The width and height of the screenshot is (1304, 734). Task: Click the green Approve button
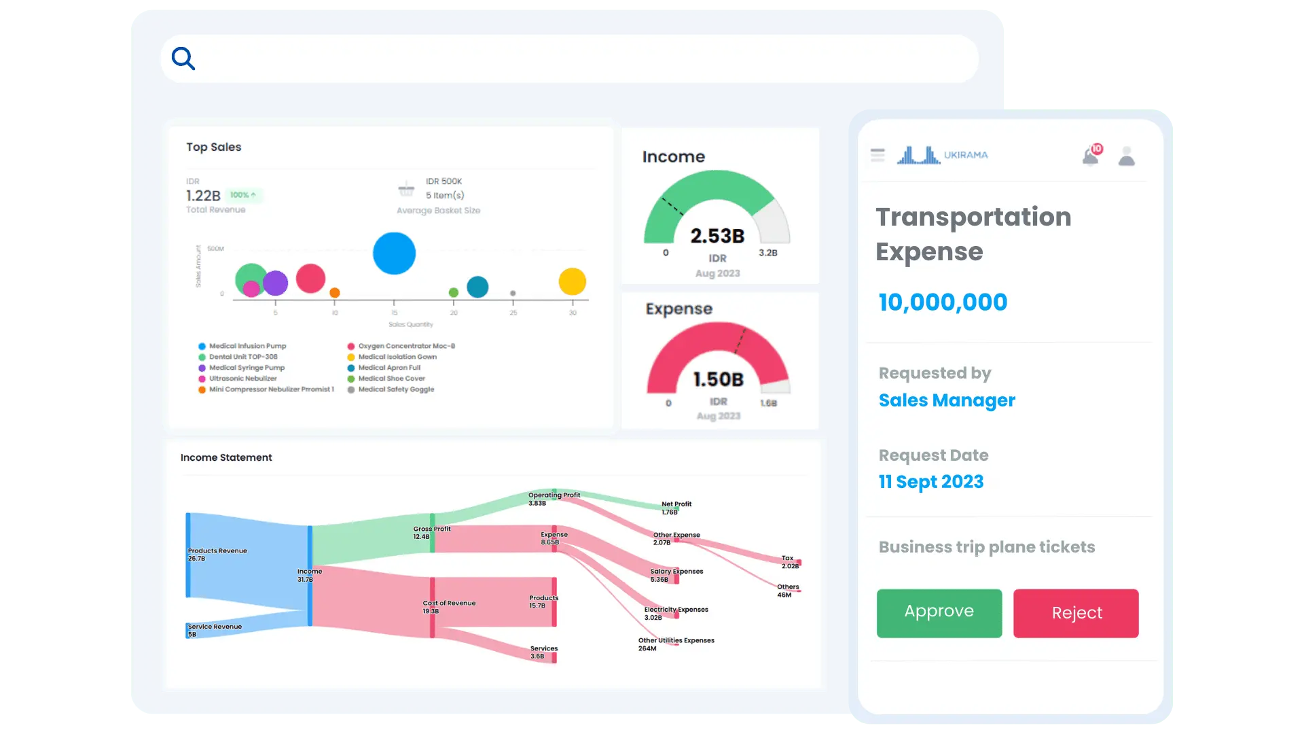click(939, 612)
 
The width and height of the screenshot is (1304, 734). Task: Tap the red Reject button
click(1076, 613)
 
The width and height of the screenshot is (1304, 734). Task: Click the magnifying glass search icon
click(183, 58)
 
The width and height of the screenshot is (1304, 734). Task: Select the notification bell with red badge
click(1091, 156)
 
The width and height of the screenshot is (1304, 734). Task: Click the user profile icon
click(1127, 156)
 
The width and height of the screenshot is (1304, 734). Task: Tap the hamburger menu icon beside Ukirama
click(877, 155)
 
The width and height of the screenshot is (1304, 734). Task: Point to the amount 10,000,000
click(943, 302)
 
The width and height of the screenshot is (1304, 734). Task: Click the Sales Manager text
click(947, 400)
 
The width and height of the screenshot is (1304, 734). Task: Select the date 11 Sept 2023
click(931, 482)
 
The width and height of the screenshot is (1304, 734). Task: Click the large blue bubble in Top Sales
click(394, 254)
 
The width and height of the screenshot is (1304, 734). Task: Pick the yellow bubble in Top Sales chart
click(573, 281)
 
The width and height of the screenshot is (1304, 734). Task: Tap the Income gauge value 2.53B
click(717, 236)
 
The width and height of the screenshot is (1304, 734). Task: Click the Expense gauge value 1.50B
click(718, 379)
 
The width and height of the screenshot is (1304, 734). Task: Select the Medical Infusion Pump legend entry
click(247, 346)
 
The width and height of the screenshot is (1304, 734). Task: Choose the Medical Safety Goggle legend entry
click(396, 389)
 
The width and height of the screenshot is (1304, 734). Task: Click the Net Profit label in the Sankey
click(676, 504)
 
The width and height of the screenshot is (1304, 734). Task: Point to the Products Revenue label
click(217, 551)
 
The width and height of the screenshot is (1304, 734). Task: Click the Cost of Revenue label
click(449, 604)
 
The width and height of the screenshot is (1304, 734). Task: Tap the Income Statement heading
click(226, 457)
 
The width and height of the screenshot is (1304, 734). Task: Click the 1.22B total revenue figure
click(203, 196)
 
